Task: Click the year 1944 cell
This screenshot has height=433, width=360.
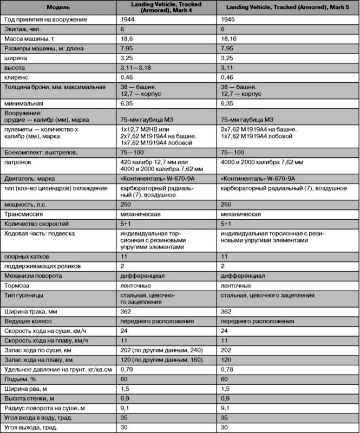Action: click(x=128, y=19)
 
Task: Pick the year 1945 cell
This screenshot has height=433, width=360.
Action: click(x=230, y=19)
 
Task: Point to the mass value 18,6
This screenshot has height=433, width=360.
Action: click(x=126, y=41)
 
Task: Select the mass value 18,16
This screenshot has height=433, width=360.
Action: click(x=231, y=41)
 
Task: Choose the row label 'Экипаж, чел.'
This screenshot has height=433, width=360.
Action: click(x=23, y=30)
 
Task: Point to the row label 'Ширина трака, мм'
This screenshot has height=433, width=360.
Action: click(x=31, y=312)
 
